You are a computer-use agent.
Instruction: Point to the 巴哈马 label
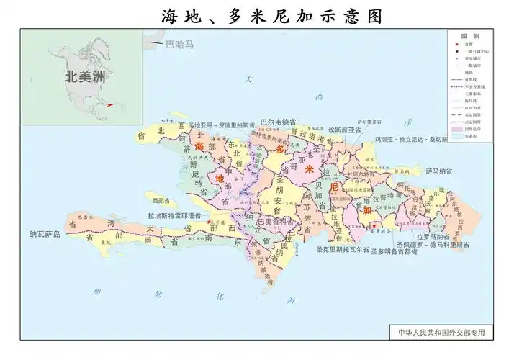click(179, 45)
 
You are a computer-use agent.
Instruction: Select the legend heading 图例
click(471, 35)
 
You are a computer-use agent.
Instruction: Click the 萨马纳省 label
click(438, 171)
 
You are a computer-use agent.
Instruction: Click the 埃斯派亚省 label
click(346, 130)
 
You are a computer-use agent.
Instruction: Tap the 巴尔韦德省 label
click(279, 122)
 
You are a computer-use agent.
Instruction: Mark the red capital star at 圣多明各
click(374, 226)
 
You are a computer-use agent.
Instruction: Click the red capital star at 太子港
click(209, 223)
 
